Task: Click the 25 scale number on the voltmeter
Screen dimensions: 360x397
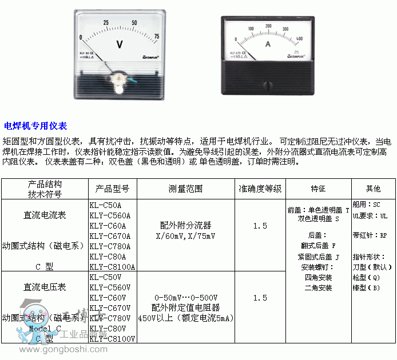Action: click(x=106, y=23)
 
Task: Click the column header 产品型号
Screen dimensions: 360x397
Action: click(x=113, y=189)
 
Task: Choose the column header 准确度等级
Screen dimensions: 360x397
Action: click(x=260, y=189)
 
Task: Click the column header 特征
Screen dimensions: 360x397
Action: click(x=318, y=189)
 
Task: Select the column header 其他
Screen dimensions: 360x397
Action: click(x=374, y=189)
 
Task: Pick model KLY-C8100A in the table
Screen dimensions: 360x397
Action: click(x=112, y=266)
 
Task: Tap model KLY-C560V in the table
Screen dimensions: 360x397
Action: click(x=110, y=287)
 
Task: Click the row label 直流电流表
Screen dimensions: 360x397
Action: click(x=45, y=215)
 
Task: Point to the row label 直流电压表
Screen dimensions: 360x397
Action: click(x=45, y=287)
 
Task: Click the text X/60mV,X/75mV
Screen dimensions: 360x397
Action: click(x=186, y=235)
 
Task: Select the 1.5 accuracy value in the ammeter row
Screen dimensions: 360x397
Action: click(x=260, y=226)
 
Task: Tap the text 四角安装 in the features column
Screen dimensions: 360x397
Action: click(x=318, y=277)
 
